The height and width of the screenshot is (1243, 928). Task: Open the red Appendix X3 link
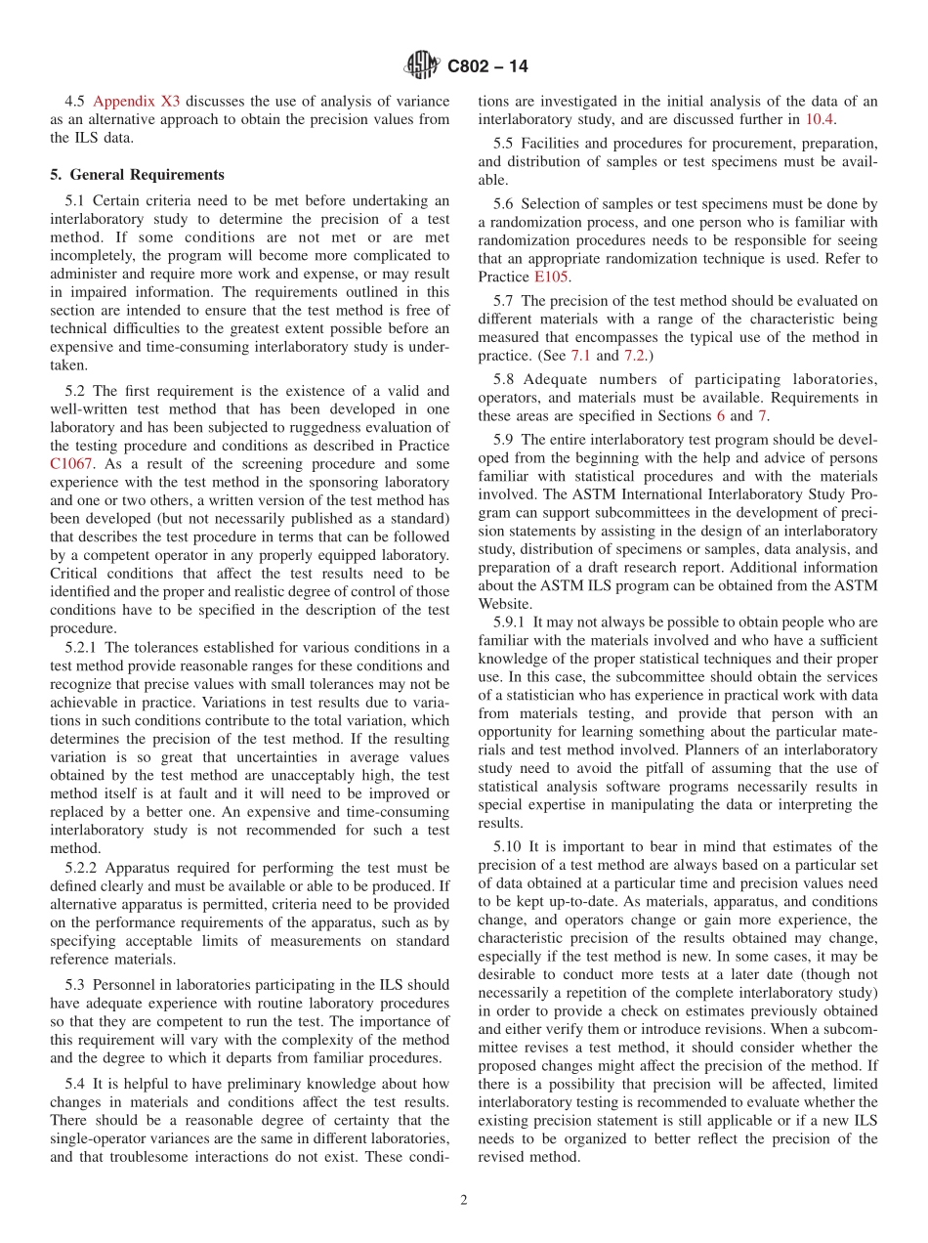[x=138, y=101]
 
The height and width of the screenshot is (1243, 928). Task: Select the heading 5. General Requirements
[x=137, y=175]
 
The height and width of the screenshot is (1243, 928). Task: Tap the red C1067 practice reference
[x=71, y=464]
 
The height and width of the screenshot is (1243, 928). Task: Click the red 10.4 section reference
[x=819, y=119]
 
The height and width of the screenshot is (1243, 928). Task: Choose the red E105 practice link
[x=550, y=277]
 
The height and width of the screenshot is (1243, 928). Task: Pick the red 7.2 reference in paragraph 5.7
[x=636, y=355]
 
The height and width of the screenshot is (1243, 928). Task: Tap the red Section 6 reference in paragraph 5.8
[x=721, y=416]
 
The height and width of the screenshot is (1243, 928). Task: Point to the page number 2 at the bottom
[x=464, y=1201]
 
